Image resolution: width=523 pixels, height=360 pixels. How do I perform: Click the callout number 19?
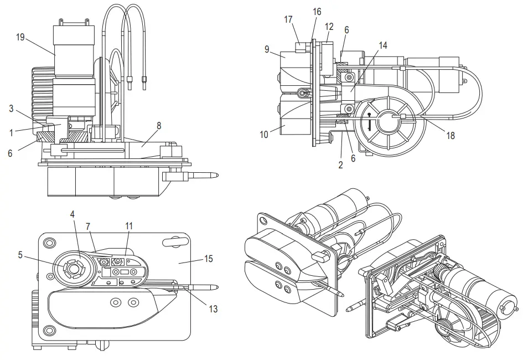20,37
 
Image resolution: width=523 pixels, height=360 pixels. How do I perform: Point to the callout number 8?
159,126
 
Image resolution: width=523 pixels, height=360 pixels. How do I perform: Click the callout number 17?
288,19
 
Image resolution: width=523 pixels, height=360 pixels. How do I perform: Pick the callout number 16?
317,12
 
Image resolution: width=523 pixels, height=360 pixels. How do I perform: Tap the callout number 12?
329,26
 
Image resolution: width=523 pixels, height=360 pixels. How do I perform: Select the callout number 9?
267,49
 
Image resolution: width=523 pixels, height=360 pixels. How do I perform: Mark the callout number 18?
450,135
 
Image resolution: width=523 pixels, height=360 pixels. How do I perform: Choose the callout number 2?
340,164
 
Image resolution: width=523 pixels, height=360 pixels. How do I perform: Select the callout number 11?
128,226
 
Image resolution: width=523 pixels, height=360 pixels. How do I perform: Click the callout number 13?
213,308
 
